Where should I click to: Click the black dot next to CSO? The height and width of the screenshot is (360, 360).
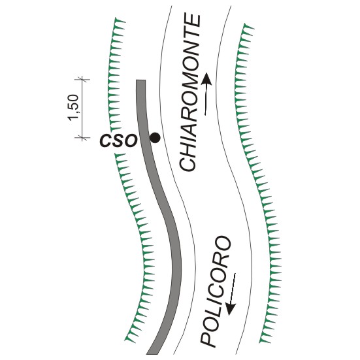pos(155,138)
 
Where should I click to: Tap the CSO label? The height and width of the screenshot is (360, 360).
pos(118,140)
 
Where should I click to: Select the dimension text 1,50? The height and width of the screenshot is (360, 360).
pos(73,107)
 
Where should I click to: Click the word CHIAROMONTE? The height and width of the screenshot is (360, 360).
pos(189,92)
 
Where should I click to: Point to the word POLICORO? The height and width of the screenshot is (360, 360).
pos(216,291)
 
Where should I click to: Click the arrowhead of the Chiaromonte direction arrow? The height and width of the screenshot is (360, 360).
pos(207,78)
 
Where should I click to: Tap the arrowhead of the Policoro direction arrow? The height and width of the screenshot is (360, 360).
pos(230,309)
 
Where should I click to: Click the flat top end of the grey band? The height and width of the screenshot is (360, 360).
pos(140,80)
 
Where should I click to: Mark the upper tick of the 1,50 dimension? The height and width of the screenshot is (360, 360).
pos(82,80)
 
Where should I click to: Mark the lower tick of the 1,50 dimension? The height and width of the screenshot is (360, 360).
pos(82,138)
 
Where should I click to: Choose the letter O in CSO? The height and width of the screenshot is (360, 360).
pos(131,140)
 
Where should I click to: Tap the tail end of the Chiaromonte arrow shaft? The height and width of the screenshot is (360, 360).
pos(205,114)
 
